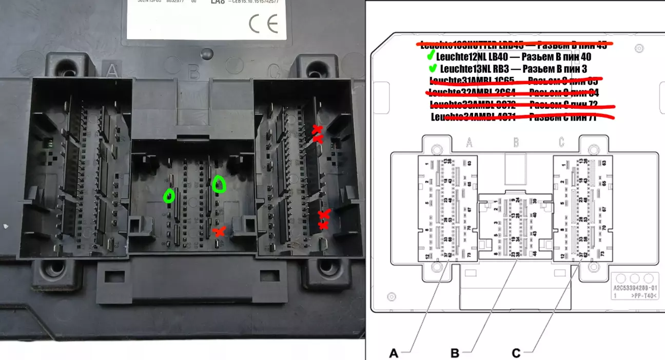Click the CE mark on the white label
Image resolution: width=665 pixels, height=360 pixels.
point(263,23)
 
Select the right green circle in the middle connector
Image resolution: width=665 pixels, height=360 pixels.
point(219,184)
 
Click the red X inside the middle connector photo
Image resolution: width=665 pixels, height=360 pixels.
point(220,232)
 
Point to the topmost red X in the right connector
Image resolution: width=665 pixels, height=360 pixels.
point(318,129)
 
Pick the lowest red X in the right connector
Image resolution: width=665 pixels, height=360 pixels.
point(323,225)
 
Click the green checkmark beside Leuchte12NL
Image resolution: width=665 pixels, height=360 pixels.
point(432,55)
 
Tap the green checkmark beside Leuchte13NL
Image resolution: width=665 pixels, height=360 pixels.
point(434,68)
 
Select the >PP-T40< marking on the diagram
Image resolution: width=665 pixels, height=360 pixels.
point(644,296)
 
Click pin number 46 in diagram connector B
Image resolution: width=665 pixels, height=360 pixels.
point(535,254)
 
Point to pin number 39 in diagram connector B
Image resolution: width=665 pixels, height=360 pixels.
point(535,201)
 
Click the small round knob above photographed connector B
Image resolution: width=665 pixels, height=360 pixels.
point(206,52)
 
